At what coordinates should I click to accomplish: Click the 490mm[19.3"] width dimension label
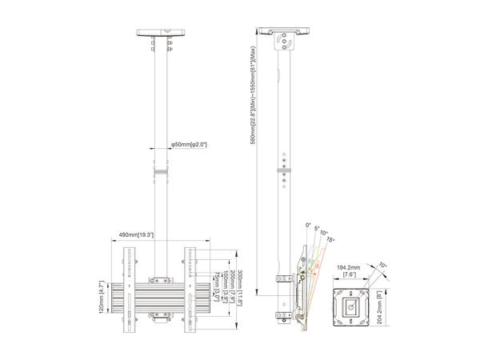click(138, 234)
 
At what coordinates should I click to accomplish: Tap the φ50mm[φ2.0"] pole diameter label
click(189, 145)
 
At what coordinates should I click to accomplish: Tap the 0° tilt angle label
click(308, 225)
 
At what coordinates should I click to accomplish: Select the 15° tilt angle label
click(332, 240)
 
